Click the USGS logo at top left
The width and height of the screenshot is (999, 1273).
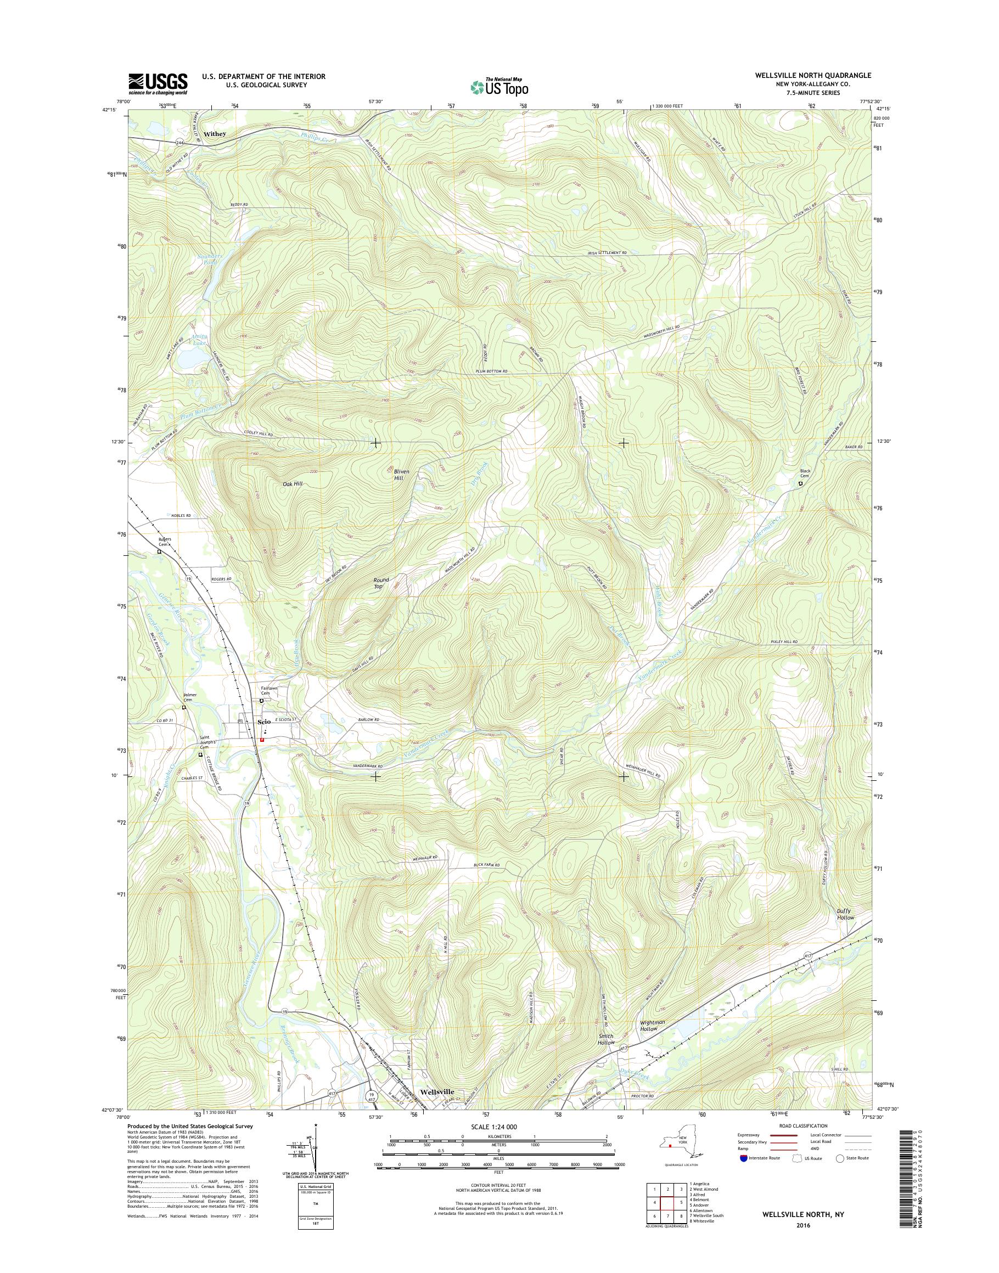click(x=158, y=83)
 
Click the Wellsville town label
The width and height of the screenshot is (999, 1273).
click(x=437, y=1092)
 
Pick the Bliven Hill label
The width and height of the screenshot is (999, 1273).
click(x=401, y=475)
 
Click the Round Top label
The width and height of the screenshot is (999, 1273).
click(x=381, y=582)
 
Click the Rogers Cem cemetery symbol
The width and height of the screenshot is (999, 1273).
click(x=159, y=551)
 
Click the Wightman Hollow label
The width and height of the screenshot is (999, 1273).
click(x=652, y=1025)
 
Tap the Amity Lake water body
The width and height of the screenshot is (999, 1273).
click(x=191, y=358)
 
